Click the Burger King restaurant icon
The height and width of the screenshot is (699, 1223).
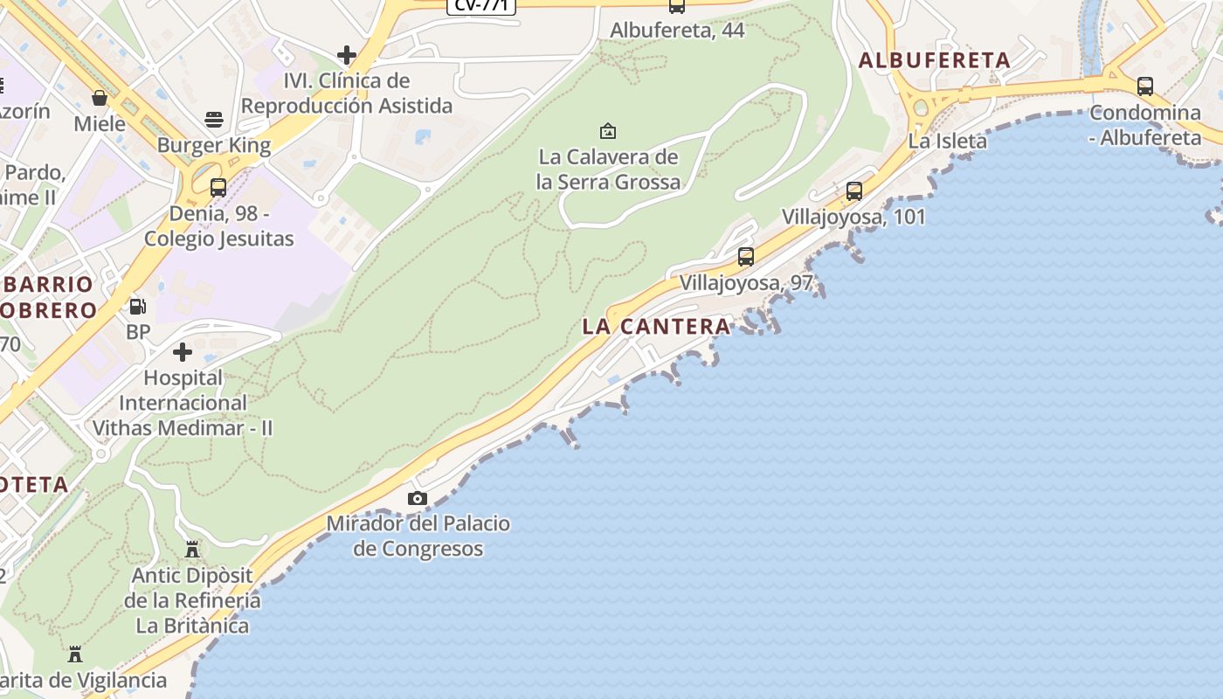pos(214,119)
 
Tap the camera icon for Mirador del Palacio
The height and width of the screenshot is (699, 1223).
pos(418,498)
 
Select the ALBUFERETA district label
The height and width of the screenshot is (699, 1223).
pos(935,60)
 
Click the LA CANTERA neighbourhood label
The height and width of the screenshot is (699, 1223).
pos(656,327)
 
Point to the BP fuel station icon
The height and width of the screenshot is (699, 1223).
pos(138,307)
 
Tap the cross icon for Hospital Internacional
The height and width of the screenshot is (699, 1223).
pos(183,352)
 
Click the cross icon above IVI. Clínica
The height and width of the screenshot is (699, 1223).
pos(347,55)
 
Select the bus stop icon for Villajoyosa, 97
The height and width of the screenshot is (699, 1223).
pos(746,256)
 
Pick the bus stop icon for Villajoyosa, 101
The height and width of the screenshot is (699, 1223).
pos(854,190)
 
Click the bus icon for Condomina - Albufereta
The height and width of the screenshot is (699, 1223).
pos(1145,87)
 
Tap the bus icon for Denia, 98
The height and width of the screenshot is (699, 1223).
pos(218,187)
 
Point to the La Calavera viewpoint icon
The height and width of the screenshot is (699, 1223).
pos(608,131)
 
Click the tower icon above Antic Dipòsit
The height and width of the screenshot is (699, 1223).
pos(192,550)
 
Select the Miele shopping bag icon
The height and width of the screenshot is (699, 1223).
pos(100,97)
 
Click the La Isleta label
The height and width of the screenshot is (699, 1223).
pos(947,141)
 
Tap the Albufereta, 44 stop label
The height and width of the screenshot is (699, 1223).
pos(677,31)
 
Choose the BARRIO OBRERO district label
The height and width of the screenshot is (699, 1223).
pos(49,297)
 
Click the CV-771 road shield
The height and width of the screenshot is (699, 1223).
pos(481,5)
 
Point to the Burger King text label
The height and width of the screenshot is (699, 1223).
pos(214,145)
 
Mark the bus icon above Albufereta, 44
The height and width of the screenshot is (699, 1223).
pos(677,6)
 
